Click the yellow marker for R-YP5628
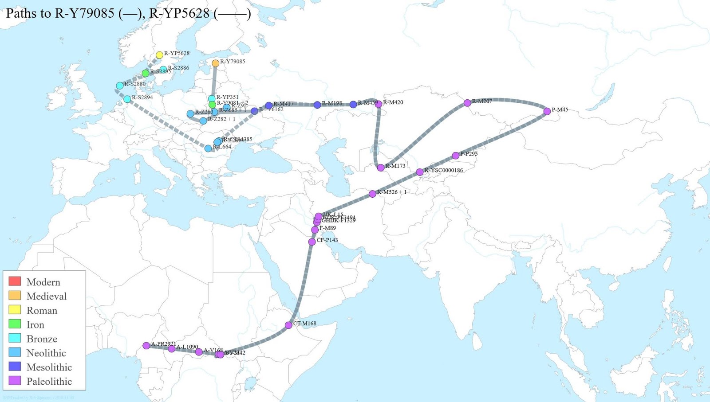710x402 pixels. (159, 55)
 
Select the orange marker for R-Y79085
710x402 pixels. (215, 63)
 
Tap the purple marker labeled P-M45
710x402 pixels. (547, 111)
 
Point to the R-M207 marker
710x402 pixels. (467, 103)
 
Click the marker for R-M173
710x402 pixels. (381, 168)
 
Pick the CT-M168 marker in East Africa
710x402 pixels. (288, 325)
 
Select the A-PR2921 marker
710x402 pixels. (146, 345)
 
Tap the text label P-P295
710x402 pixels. (469, 154)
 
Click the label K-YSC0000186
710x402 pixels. (443, 170)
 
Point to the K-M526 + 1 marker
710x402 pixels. (372, 194)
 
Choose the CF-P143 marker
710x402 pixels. (312, 242)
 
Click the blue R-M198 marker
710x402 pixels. (317, 105)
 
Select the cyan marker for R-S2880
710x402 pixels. (120, 86)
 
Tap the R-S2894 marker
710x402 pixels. (127, 99)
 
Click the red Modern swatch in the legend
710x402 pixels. (15, 281)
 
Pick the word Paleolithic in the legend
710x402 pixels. (49, 381)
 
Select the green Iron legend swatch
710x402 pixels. (15, 324)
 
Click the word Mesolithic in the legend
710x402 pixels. (49, 367)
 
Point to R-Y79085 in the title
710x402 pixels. (84, 13)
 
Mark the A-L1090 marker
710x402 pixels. (172, 349)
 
